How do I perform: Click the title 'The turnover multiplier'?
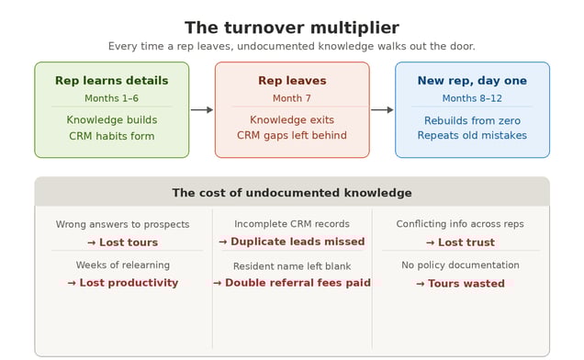tap(292, 28)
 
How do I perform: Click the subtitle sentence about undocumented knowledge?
tap(292, 46)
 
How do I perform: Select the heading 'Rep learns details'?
tap(111, 81)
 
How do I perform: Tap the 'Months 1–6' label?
tap(111, 98)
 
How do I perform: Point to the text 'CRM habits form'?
tap(111, 136)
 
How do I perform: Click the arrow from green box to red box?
tap(202, 110)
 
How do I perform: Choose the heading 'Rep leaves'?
tap(292, 81)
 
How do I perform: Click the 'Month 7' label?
tap(292, 98)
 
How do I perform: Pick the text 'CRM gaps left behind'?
tap(292, 136)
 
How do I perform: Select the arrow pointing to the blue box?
tap(382, 110)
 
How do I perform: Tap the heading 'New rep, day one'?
tap(472, 81)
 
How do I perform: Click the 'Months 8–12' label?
tap(472, 98)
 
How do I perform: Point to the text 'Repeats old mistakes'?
tap(472, 136)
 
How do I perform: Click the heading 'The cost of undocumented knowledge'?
tap(292, 193)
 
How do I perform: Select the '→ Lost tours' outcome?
tap(122, 242)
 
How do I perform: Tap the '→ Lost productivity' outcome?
tap(122, 283)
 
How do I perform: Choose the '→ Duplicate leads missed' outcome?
tap(292, 242)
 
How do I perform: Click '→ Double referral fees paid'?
tap(292, 283)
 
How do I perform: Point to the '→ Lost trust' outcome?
tap(460, 242)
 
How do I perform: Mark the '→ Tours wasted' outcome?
tap(460, 284)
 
